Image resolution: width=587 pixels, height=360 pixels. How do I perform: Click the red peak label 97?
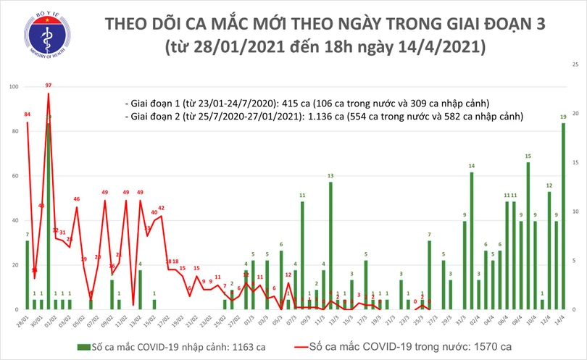click(x=49, y=86)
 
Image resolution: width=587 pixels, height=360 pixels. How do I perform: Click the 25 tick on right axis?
click(x=575, y=65)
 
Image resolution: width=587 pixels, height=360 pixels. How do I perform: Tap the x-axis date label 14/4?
click(x=562, y=319)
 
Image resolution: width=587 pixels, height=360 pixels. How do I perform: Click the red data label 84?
click(x=27, y=114)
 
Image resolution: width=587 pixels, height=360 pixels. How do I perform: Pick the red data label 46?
click(x=76, y=198)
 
